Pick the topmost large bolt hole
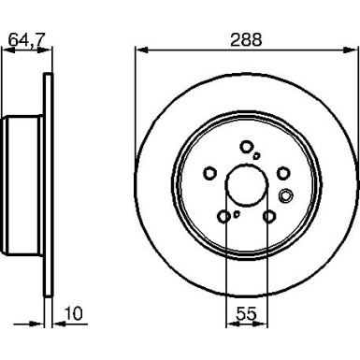246,146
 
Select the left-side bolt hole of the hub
210,172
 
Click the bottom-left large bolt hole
224,216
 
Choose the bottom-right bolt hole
269,216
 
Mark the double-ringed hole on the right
287,194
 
